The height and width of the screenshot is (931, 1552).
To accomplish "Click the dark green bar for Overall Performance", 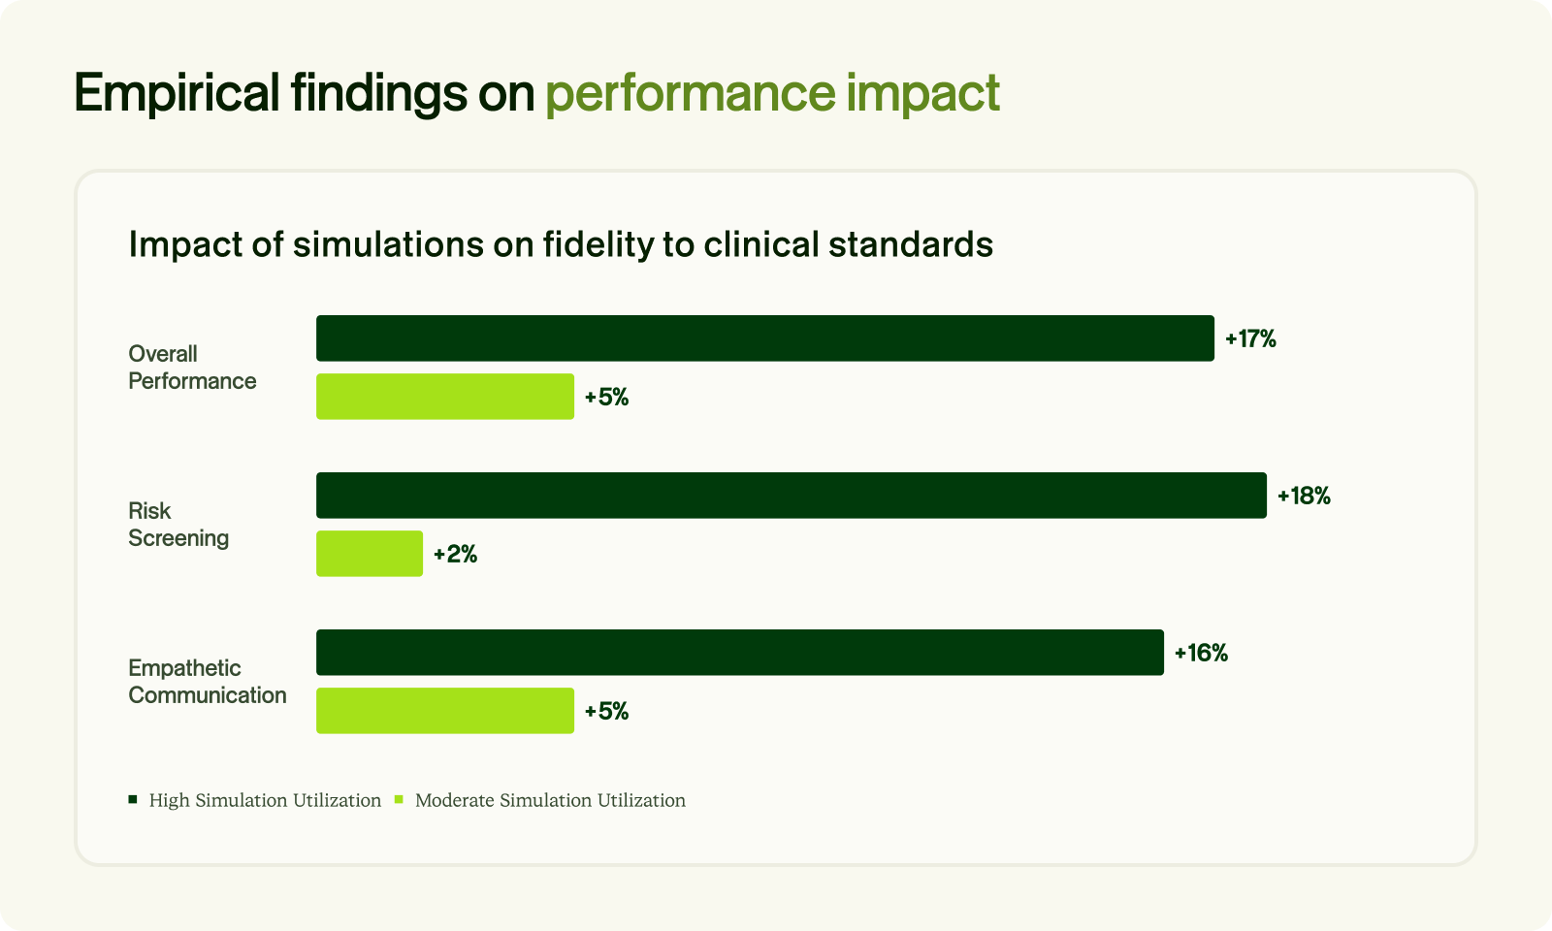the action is coord(765,338).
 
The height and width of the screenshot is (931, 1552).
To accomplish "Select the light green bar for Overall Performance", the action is coord(445,397).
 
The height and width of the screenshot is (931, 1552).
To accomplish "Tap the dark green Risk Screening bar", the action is coord(792,496).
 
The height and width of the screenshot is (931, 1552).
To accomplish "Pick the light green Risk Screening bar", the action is coord(370,554).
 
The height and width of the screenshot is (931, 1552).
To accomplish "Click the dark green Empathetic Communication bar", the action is coord(740,653).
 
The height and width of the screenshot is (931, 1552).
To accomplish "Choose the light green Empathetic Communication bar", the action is coord(445,711).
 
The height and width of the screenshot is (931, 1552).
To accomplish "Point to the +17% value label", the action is coord(1250,338).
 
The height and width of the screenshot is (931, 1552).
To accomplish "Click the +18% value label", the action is coord(1304,496).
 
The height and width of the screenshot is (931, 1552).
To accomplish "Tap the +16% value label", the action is coord(1202,654).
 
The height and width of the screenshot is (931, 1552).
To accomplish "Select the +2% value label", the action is coord(455,554).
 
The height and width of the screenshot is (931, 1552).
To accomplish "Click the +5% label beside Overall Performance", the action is coord(607,397).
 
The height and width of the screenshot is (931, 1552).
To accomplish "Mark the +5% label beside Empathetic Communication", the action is coord(607,712).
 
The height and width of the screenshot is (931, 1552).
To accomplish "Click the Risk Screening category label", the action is coord(178,525).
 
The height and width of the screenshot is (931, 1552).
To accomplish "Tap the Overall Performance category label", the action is coord(192,368).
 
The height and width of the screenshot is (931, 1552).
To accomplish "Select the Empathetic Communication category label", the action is coord(208,682).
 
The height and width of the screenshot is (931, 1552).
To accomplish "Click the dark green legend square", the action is coord(133,800).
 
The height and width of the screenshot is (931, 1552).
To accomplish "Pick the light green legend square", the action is coord(399,800).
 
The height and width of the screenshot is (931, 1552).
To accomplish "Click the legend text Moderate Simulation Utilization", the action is coord(550,800).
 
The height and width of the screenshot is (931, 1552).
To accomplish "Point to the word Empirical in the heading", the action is coord(177,93).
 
